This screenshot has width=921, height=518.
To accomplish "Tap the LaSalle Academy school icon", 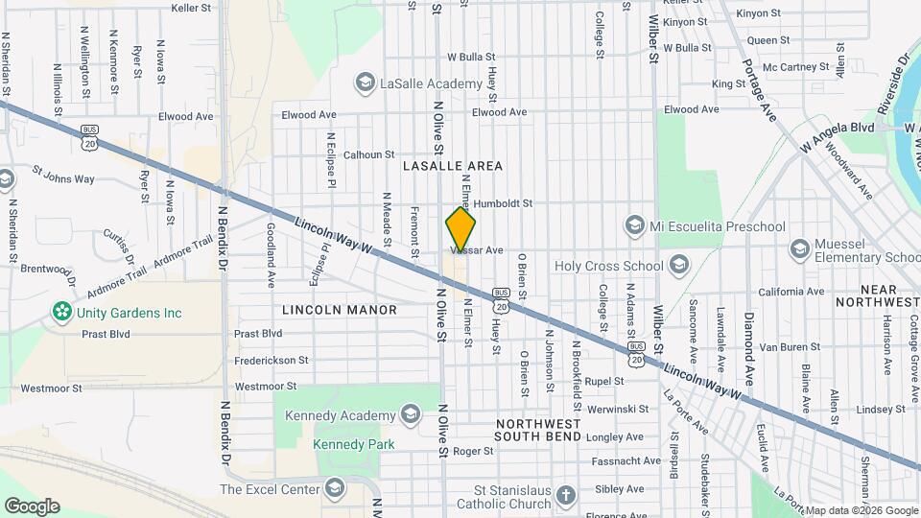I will click(x=365, y=83).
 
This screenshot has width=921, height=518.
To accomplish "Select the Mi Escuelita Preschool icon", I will click(x=634, y=226).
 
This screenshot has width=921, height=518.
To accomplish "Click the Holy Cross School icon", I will click(x=679, y=265).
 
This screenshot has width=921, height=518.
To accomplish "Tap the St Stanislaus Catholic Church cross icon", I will click(x=566, y=495).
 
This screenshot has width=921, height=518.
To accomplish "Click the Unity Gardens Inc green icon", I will click(x=62, y=313).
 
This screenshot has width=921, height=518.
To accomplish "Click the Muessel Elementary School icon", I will click(x=799, y=249).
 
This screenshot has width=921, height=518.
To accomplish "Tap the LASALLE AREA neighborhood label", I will click(x=453, y=166).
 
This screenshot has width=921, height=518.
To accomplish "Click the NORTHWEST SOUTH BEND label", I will click(x=537, y=430).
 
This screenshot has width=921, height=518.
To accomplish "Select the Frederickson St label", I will click(x=272, y=361).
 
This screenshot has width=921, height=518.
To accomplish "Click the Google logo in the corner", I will click(x=32, y=506).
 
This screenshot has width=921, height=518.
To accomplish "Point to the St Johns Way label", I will click(x=63, y=178).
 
